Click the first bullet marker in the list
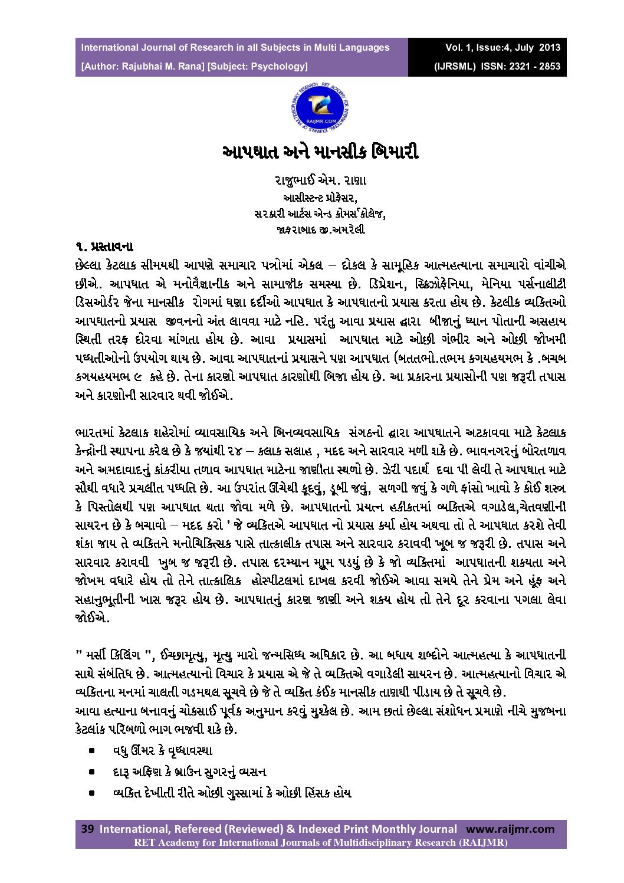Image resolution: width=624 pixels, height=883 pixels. pos(92,751)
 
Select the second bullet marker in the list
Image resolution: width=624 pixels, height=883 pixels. pos(92,772)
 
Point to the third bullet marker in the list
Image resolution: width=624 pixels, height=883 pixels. pos(92,793)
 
